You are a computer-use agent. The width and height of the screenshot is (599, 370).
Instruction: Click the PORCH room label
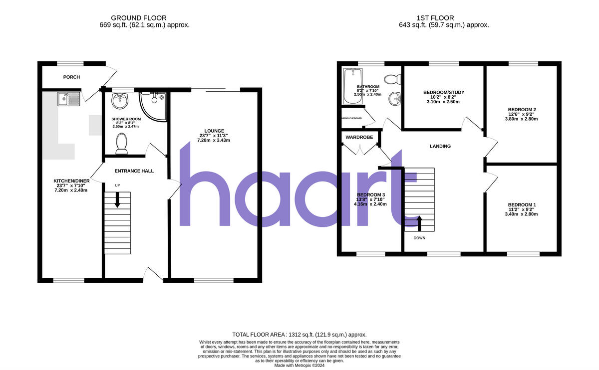point(71,77)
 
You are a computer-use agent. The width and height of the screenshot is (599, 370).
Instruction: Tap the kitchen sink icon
point(68,99)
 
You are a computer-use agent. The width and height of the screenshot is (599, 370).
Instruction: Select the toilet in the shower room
point(121,144)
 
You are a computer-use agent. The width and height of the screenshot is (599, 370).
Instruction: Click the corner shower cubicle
point(152,103)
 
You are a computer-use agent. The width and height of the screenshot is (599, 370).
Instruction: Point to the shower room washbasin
point(119,101)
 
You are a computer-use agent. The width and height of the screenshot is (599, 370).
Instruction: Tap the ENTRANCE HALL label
point(134,171)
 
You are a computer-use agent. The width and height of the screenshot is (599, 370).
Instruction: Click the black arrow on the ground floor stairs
point(117,200)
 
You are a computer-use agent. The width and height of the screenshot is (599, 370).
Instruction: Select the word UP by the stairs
point(117,185)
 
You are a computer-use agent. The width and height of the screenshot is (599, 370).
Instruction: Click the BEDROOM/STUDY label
point(444,92)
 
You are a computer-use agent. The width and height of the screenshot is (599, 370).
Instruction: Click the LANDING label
point(440,146)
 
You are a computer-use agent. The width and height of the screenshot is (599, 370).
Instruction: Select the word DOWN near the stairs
point(419,238)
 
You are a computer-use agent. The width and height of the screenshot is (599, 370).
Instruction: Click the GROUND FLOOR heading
point(139,18)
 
